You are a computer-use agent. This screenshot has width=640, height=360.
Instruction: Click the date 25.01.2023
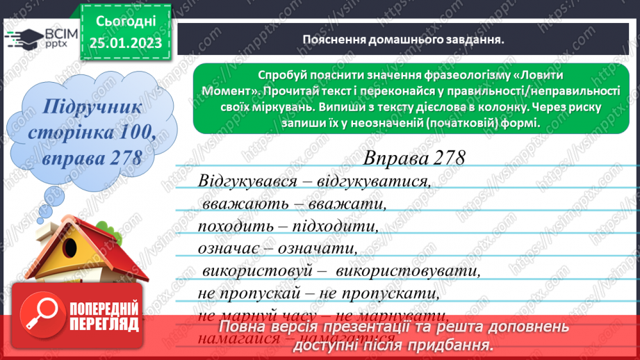pos(125,44)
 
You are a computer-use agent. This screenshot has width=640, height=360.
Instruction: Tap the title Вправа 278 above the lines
pos(414,158)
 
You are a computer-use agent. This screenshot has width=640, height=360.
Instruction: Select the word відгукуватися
pos(369,182)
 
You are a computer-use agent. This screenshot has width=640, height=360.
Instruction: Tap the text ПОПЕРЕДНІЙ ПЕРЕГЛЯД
pos(105,314)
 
